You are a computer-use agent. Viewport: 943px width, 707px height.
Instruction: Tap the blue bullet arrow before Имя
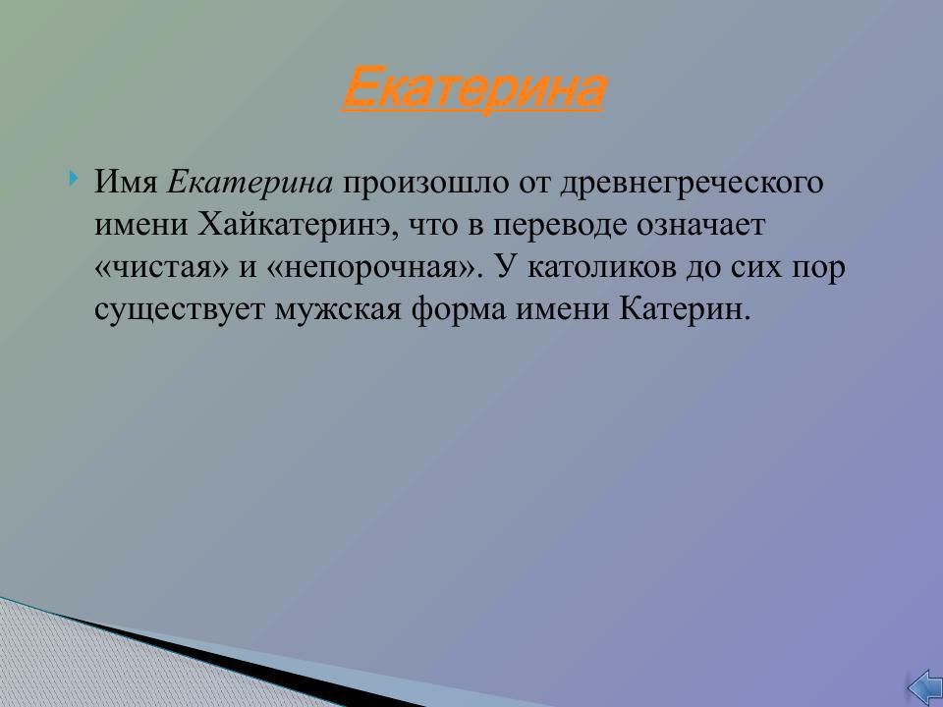75,180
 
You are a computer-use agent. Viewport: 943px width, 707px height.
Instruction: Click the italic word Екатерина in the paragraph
251,183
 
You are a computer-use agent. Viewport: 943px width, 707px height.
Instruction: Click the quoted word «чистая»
164,268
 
